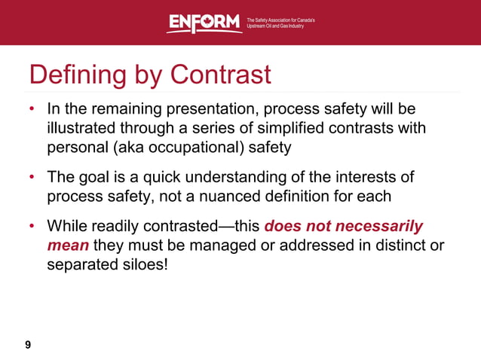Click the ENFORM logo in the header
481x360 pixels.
204,23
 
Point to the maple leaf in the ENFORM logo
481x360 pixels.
205,23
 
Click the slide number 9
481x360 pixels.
28,345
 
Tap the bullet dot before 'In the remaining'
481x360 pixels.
32,111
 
